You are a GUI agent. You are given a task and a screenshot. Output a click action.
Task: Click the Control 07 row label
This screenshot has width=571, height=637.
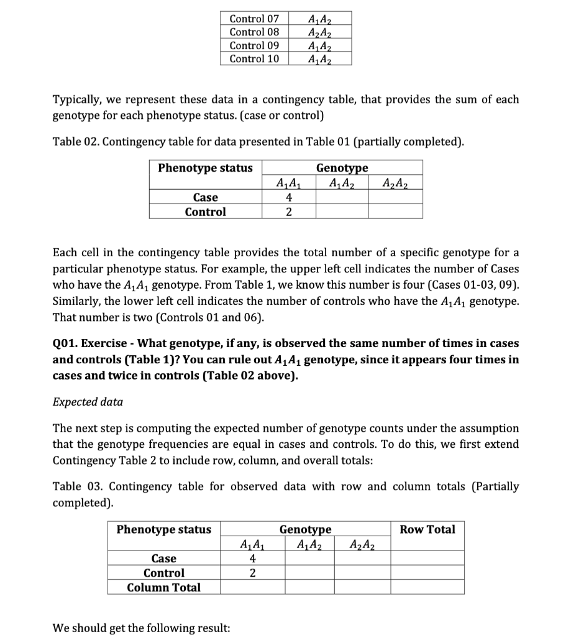(x=254, y=18)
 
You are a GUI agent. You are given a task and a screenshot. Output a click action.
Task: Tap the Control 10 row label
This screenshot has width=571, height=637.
(x=254, y=59)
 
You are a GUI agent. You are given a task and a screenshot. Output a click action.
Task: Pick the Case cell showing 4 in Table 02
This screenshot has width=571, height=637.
(x=288, y=198)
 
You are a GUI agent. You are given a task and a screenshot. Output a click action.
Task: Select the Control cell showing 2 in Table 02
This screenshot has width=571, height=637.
(x=288, y=212)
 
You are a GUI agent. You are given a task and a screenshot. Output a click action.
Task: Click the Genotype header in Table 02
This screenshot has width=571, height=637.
(x=342, y=168)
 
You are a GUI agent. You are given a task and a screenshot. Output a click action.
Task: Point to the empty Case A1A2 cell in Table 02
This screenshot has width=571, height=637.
(x=341, y=198)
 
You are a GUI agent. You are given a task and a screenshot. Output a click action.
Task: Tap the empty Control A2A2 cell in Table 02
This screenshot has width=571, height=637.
(x=395, y=212)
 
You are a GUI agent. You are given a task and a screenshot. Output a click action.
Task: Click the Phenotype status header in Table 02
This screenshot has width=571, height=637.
(x=205, y=168)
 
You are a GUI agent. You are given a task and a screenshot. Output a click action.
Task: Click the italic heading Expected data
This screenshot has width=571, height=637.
(x=88, y=402)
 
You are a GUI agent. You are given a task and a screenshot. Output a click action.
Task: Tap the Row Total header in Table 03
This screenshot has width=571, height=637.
(x=427, y=529)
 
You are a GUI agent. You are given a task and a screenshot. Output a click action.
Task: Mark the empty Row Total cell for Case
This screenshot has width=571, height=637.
(x=427, y=559)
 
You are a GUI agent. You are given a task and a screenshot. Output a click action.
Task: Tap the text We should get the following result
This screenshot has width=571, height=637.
(x=141, y=627)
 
